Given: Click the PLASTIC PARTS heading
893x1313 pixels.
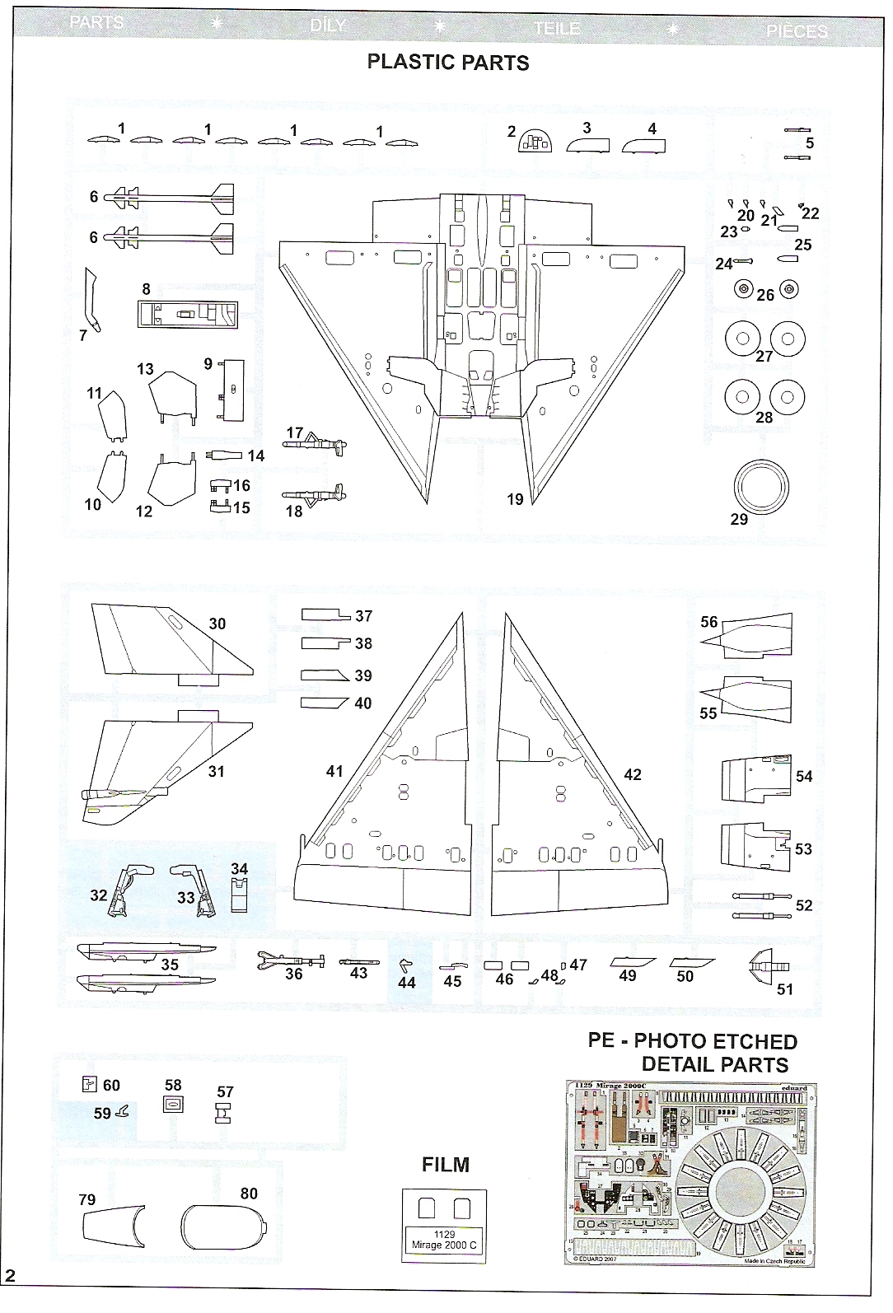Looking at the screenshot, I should point(447,63).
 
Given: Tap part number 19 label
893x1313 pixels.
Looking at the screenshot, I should point(515,499).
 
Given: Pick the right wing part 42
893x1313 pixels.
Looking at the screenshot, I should point(568,791).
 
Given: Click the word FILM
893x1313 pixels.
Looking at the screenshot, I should point(445,1165).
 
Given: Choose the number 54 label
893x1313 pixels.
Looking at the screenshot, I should point(804,776).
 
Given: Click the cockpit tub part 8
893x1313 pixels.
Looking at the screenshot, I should point(188,314).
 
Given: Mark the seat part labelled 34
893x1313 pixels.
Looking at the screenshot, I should point(239,894).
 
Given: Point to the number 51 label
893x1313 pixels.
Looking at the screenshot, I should point(785,988).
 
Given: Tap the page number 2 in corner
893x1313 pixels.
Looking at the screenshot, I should point(11,1299).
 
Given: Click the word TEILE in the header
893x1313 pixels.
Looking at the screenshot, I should point(556,29).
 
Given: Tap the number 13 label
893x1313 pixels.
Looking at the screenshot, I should point(146,369).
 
